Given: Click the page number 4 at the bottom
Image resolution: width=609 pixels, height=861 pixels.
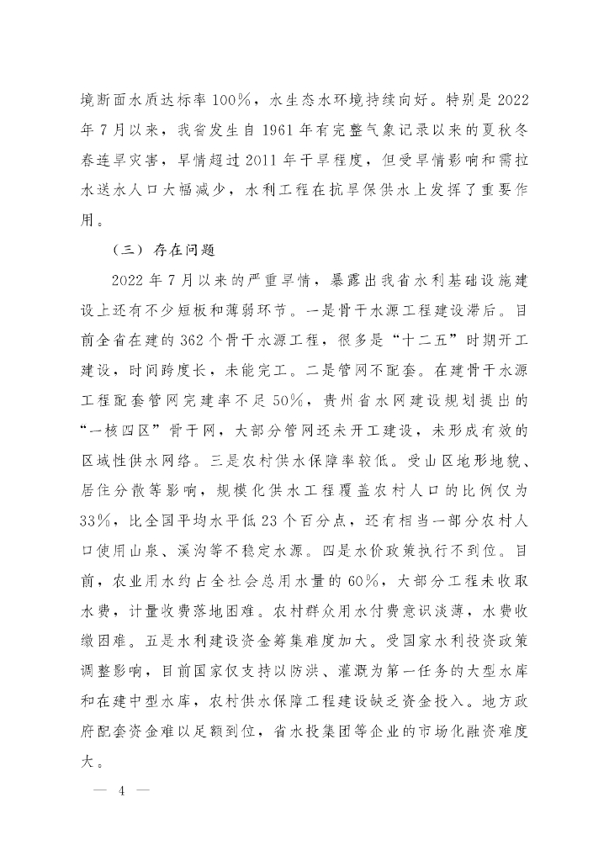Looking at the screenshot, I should point(124,792).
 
